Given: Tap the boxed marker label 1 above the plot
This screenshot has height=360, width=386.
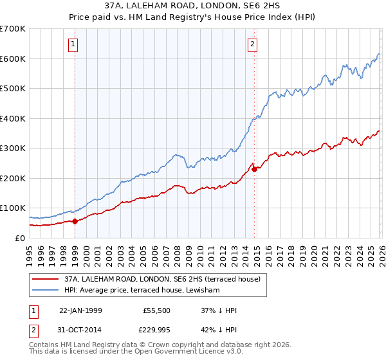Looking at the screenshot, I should pos(74,44).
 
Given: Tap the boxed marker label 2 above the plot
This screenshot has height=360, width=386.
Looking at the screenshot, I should pos(252,44).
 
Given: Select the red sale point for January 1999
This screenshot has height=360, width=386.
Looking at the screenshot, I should pos(75,221).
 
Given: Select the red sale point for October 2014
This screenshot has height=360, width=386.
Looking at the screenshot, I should pos(255,169).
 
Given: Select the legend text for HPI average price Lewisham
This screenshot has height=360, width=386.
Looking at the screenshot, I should pos(142,291).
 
